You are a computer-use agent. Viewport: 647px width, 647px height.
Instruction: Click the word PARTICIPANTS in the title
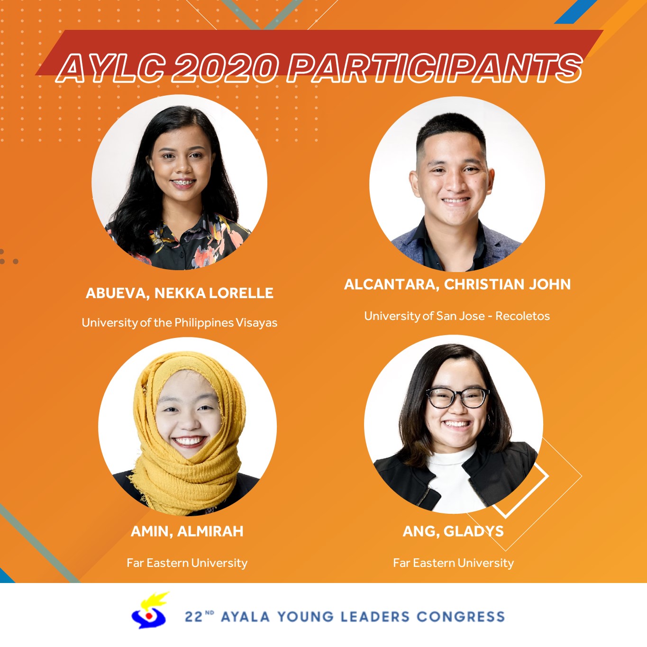coord(434,68)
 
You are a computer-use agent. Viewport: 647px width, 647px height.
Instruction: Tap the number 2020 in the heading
coord(225,68)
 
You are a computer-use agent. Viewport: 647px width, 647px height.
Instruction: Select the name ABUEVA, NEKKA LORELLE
coord(179,293)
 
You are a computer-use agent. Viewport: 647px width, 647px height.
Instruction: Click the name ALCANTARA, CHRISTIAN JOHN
coord(457,284)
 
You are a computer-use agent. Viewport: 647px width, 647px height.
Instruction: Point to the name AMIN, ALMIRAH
coord(187,531)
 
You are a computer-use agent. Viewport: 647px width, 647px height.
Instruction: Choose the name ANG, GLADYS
coord(453,531)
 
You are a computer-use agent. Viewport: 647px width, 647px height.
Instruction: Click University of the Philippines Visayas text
coord(179,323)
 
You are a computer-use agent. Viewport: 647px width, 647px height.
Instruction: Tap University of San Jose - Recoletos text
coord(457,316)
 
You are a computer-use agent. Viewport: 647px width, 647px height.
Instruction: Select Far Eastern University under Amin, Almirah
coord(187,563)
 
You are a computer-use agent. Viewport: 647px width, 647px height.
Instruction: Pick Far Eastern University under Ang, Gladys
coord(453,563)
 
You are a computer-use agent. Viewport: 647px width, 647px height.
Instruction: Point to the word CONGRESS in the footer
coord(461,617)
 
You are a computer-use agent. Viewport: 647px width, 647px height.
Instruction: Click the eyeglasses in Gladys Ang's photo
coord(457,398)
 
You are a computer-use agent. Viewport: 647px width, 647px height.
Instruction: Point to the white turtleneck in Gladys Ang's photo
coord(453,477)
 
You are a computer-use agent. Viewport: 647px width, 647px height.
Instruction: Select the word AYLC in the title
coord(111,68)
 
